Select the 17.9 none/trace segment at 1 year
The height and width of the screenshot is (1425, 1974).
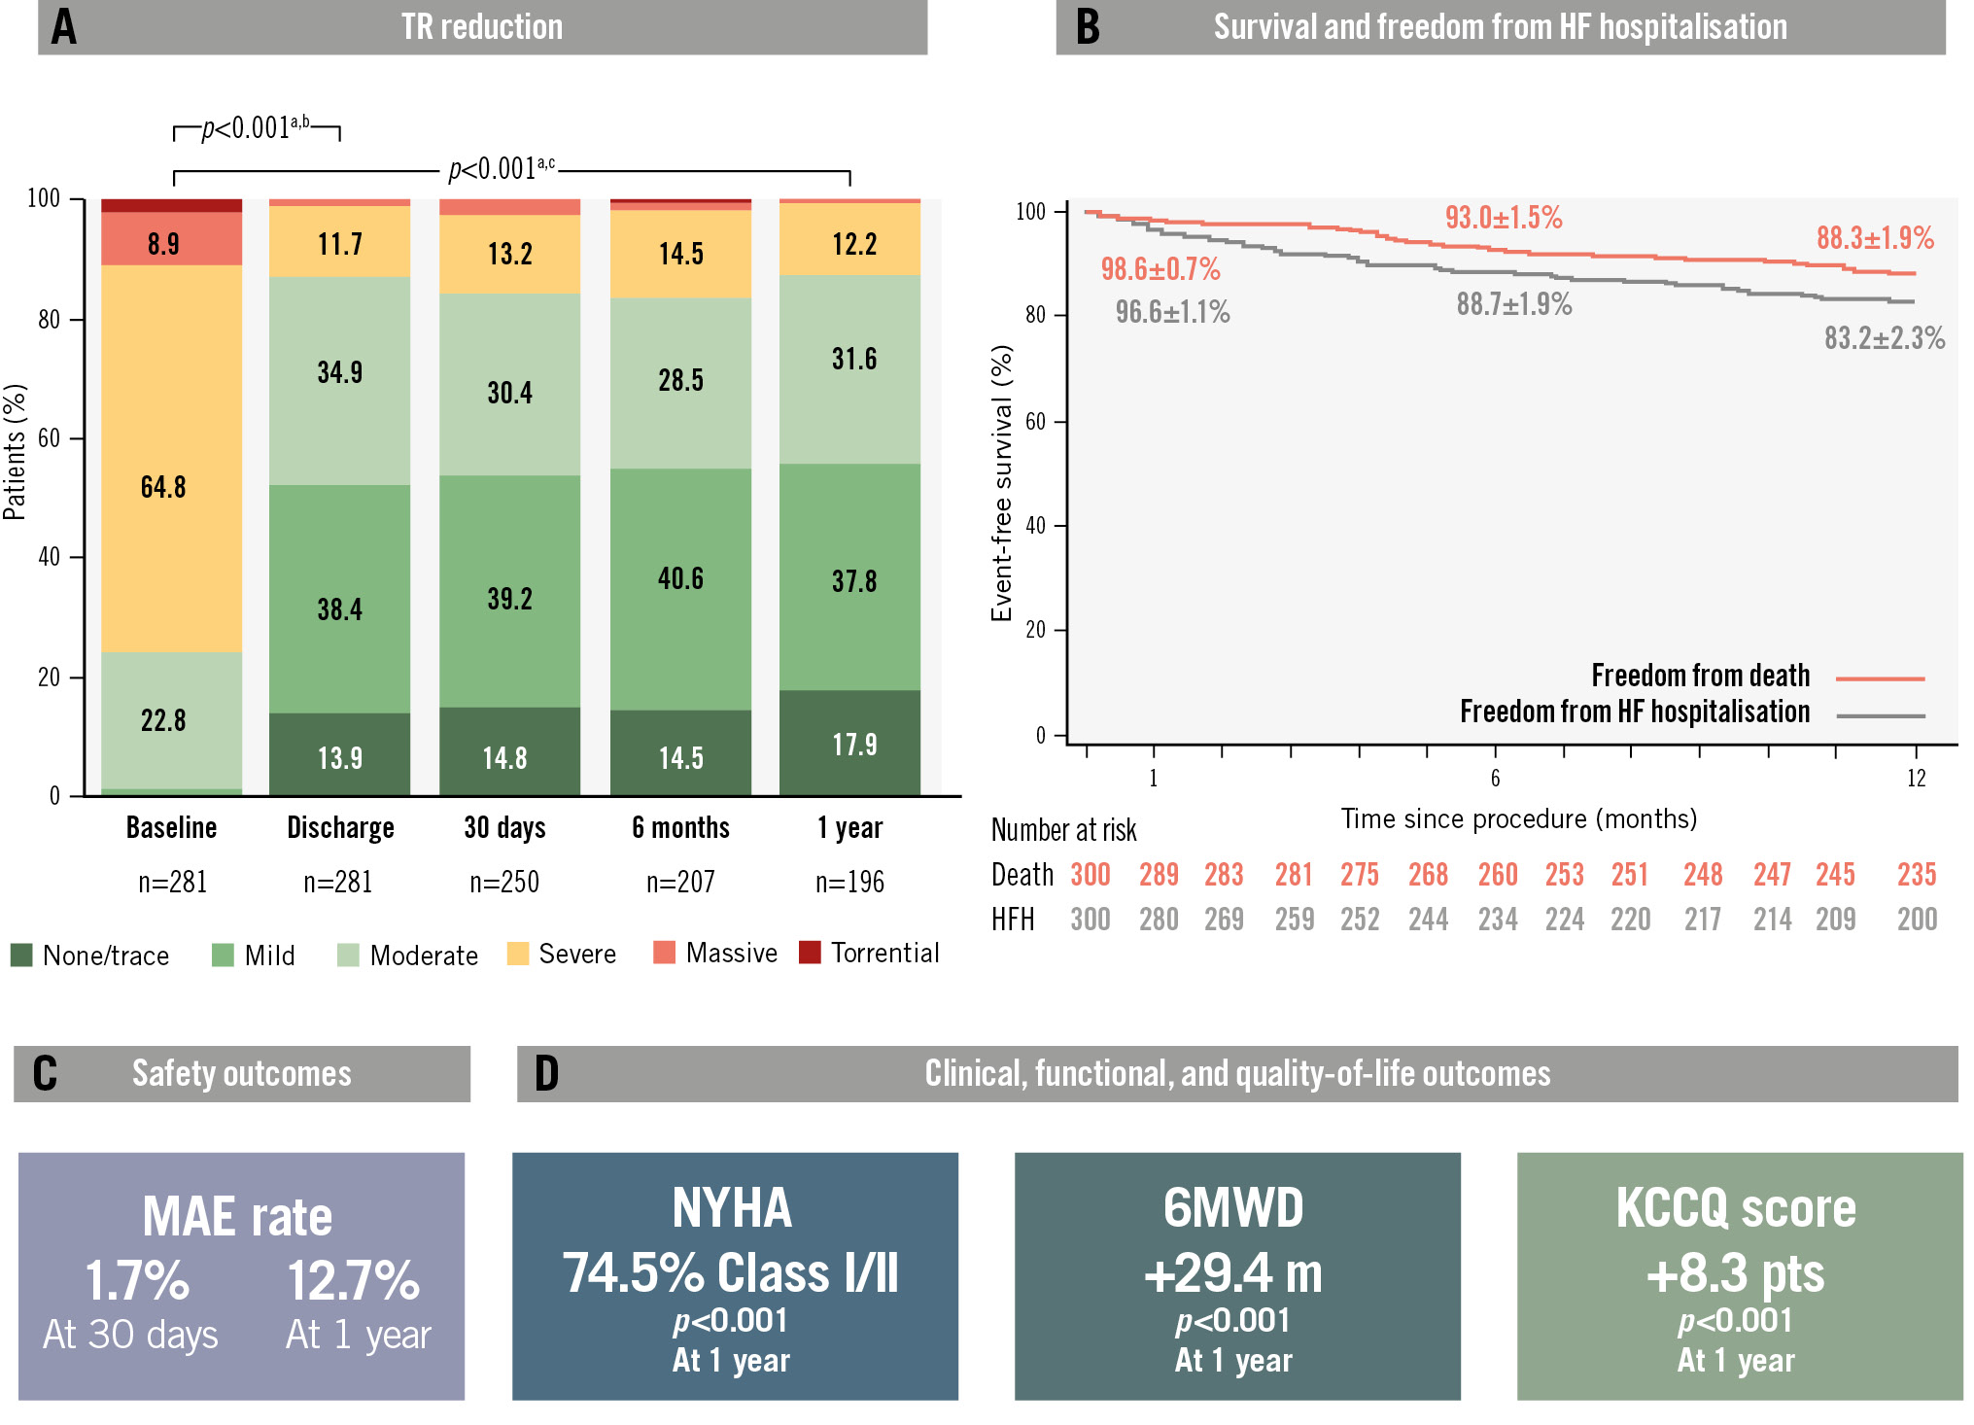[850, 743]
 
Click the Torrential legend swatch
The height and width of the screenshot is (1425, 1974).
[810, 953]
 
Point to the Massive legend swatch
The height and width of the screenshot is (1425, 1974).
[665, 953]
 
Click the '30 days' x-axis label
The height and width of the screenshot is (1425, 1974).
[504, 828]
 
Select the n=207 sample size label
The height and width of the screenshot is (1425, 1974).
[680, 883]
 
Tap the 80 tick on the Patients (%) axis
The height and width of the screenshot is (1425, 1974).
[49, 320]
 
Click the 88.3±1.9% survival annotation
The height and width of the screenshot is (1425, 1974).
[1875, 238]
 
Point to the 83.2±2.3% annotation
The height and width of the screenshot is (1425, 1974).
[1884, 338]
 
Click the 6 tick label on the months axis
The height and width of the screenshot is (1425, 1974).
[1495, 779]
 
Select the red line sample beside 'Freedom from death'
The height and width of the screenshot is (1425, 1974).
[1880, 678]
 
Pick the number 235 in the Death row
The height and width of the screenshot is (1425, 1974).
[1917, 875]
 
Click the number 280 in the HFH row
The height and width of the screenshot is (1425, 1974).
[1159, 920]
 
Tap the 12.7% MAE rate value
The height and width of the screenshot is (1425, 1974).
[354, 1281]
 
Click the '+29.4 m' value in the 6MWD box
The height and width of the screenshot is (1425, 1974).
[1233, 1273]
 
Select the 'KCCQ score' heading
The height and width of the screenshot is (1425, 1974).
[1736, 1208]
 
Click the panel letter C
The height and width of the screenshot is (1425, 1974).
[45, 1074]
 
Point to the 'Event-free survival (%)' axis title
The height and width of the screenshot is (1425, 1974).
[1002, 483]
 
